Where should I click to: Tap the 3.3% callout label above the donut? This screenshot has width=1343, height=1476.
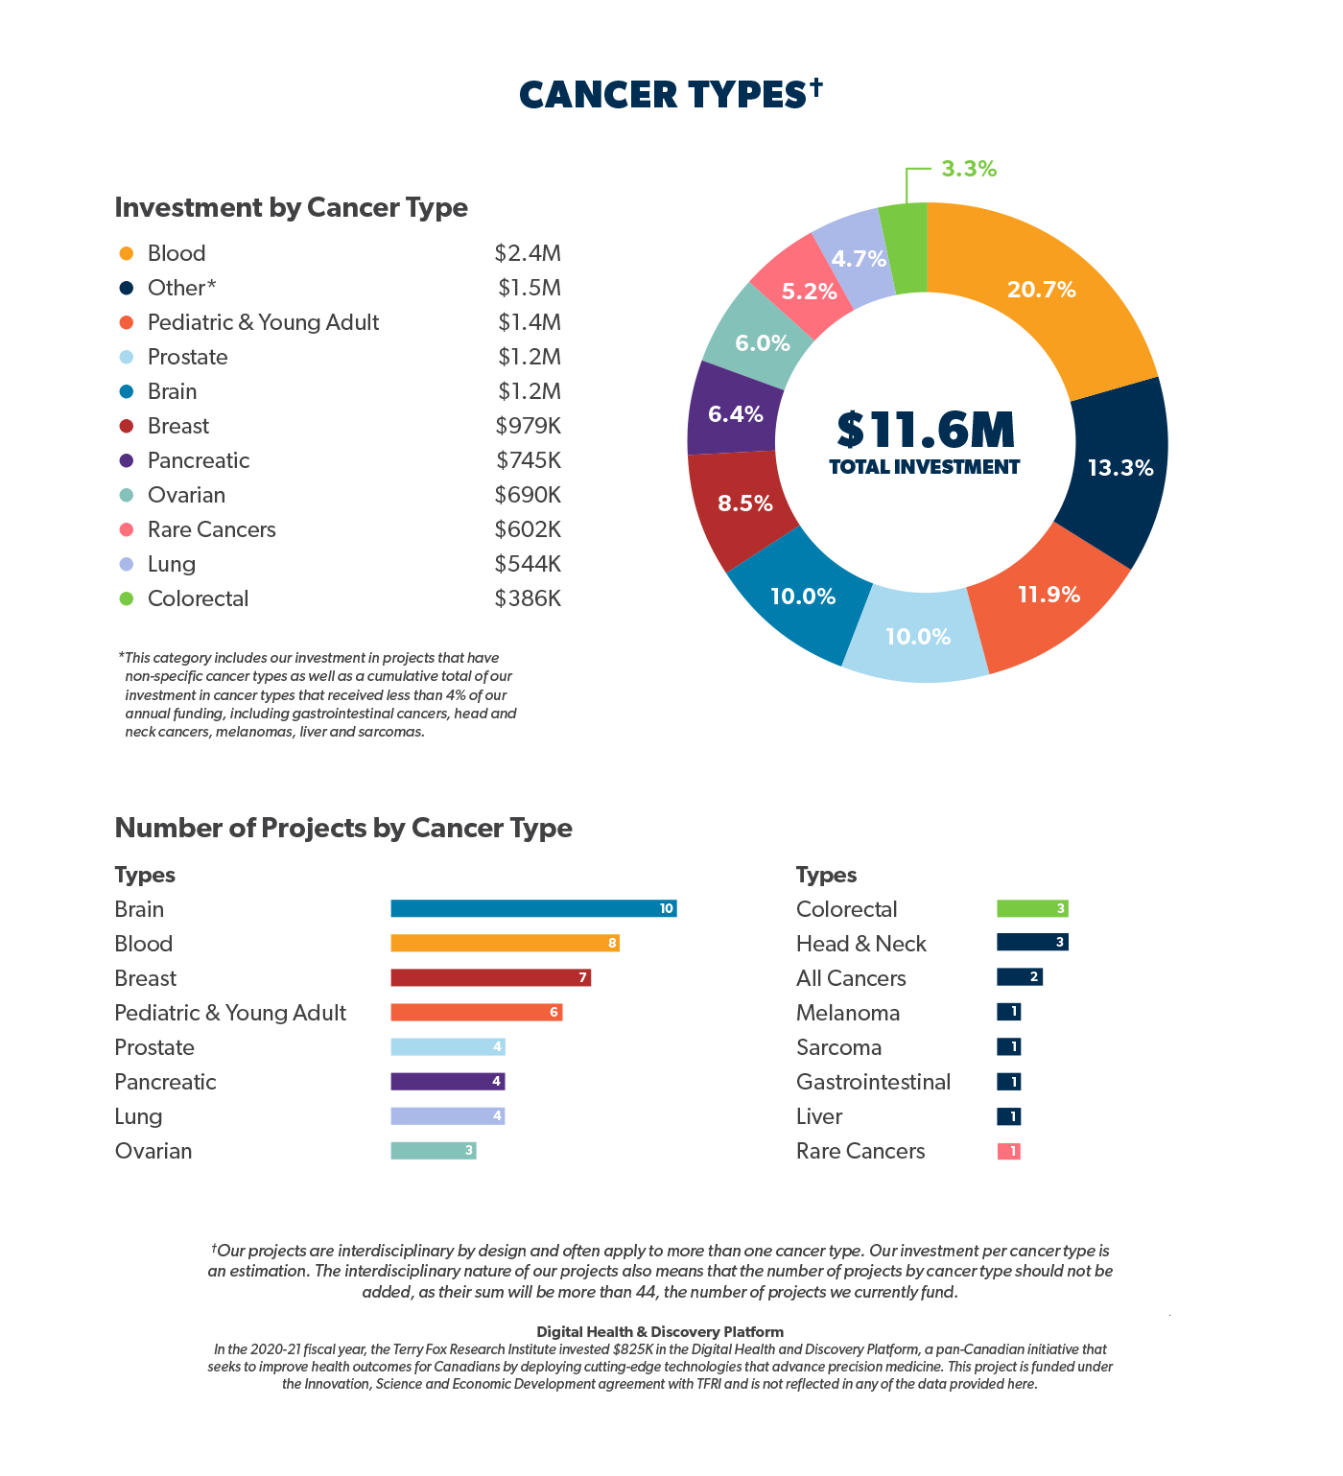pos(968,170)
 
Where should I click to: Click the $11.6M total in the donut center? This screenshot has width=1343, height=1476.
pos(926,431)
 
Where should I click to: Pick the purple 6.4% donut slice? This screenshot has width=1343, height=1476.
pos(734,414)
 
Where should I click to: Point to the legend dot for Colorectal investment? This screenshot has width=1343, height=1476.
pos(126,598)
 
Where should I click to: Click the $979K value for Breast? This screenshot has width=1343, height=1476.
pos(528,426)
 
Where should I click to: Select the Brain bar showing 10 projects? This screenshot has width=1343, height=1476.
pos(533,908)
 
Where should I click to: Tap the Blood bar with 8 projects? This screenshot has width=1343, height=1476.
pos(505,943)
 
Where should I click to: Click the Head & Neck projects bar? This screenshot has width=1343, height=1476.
pos(1032,943)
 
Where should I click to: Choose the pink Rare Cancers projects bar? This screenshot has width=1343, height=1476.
pos(1008,1151)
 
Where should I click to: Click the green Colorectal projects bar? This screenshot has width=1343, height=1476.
pos(1032,908)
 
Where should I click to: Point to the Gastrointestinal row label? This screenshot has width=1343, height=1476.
pos(873,1082)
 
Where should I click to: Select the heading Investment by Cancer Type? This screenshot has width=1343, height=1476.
pos(291,207)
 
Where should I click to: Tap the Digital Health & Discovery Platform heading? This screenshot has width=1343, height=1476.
pos(660,1331)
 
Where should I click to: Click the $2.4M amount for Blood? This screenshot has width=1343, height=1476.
pos(528,253)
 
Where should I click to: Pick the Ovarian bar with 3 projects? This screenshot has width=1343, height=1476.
pos(433,1151)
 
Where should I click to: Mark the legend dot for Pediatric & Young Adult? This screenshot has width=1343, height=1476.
pos(126,322)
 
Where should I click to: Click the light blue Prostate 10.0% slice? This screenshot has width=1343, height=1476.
pos(917,637)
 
